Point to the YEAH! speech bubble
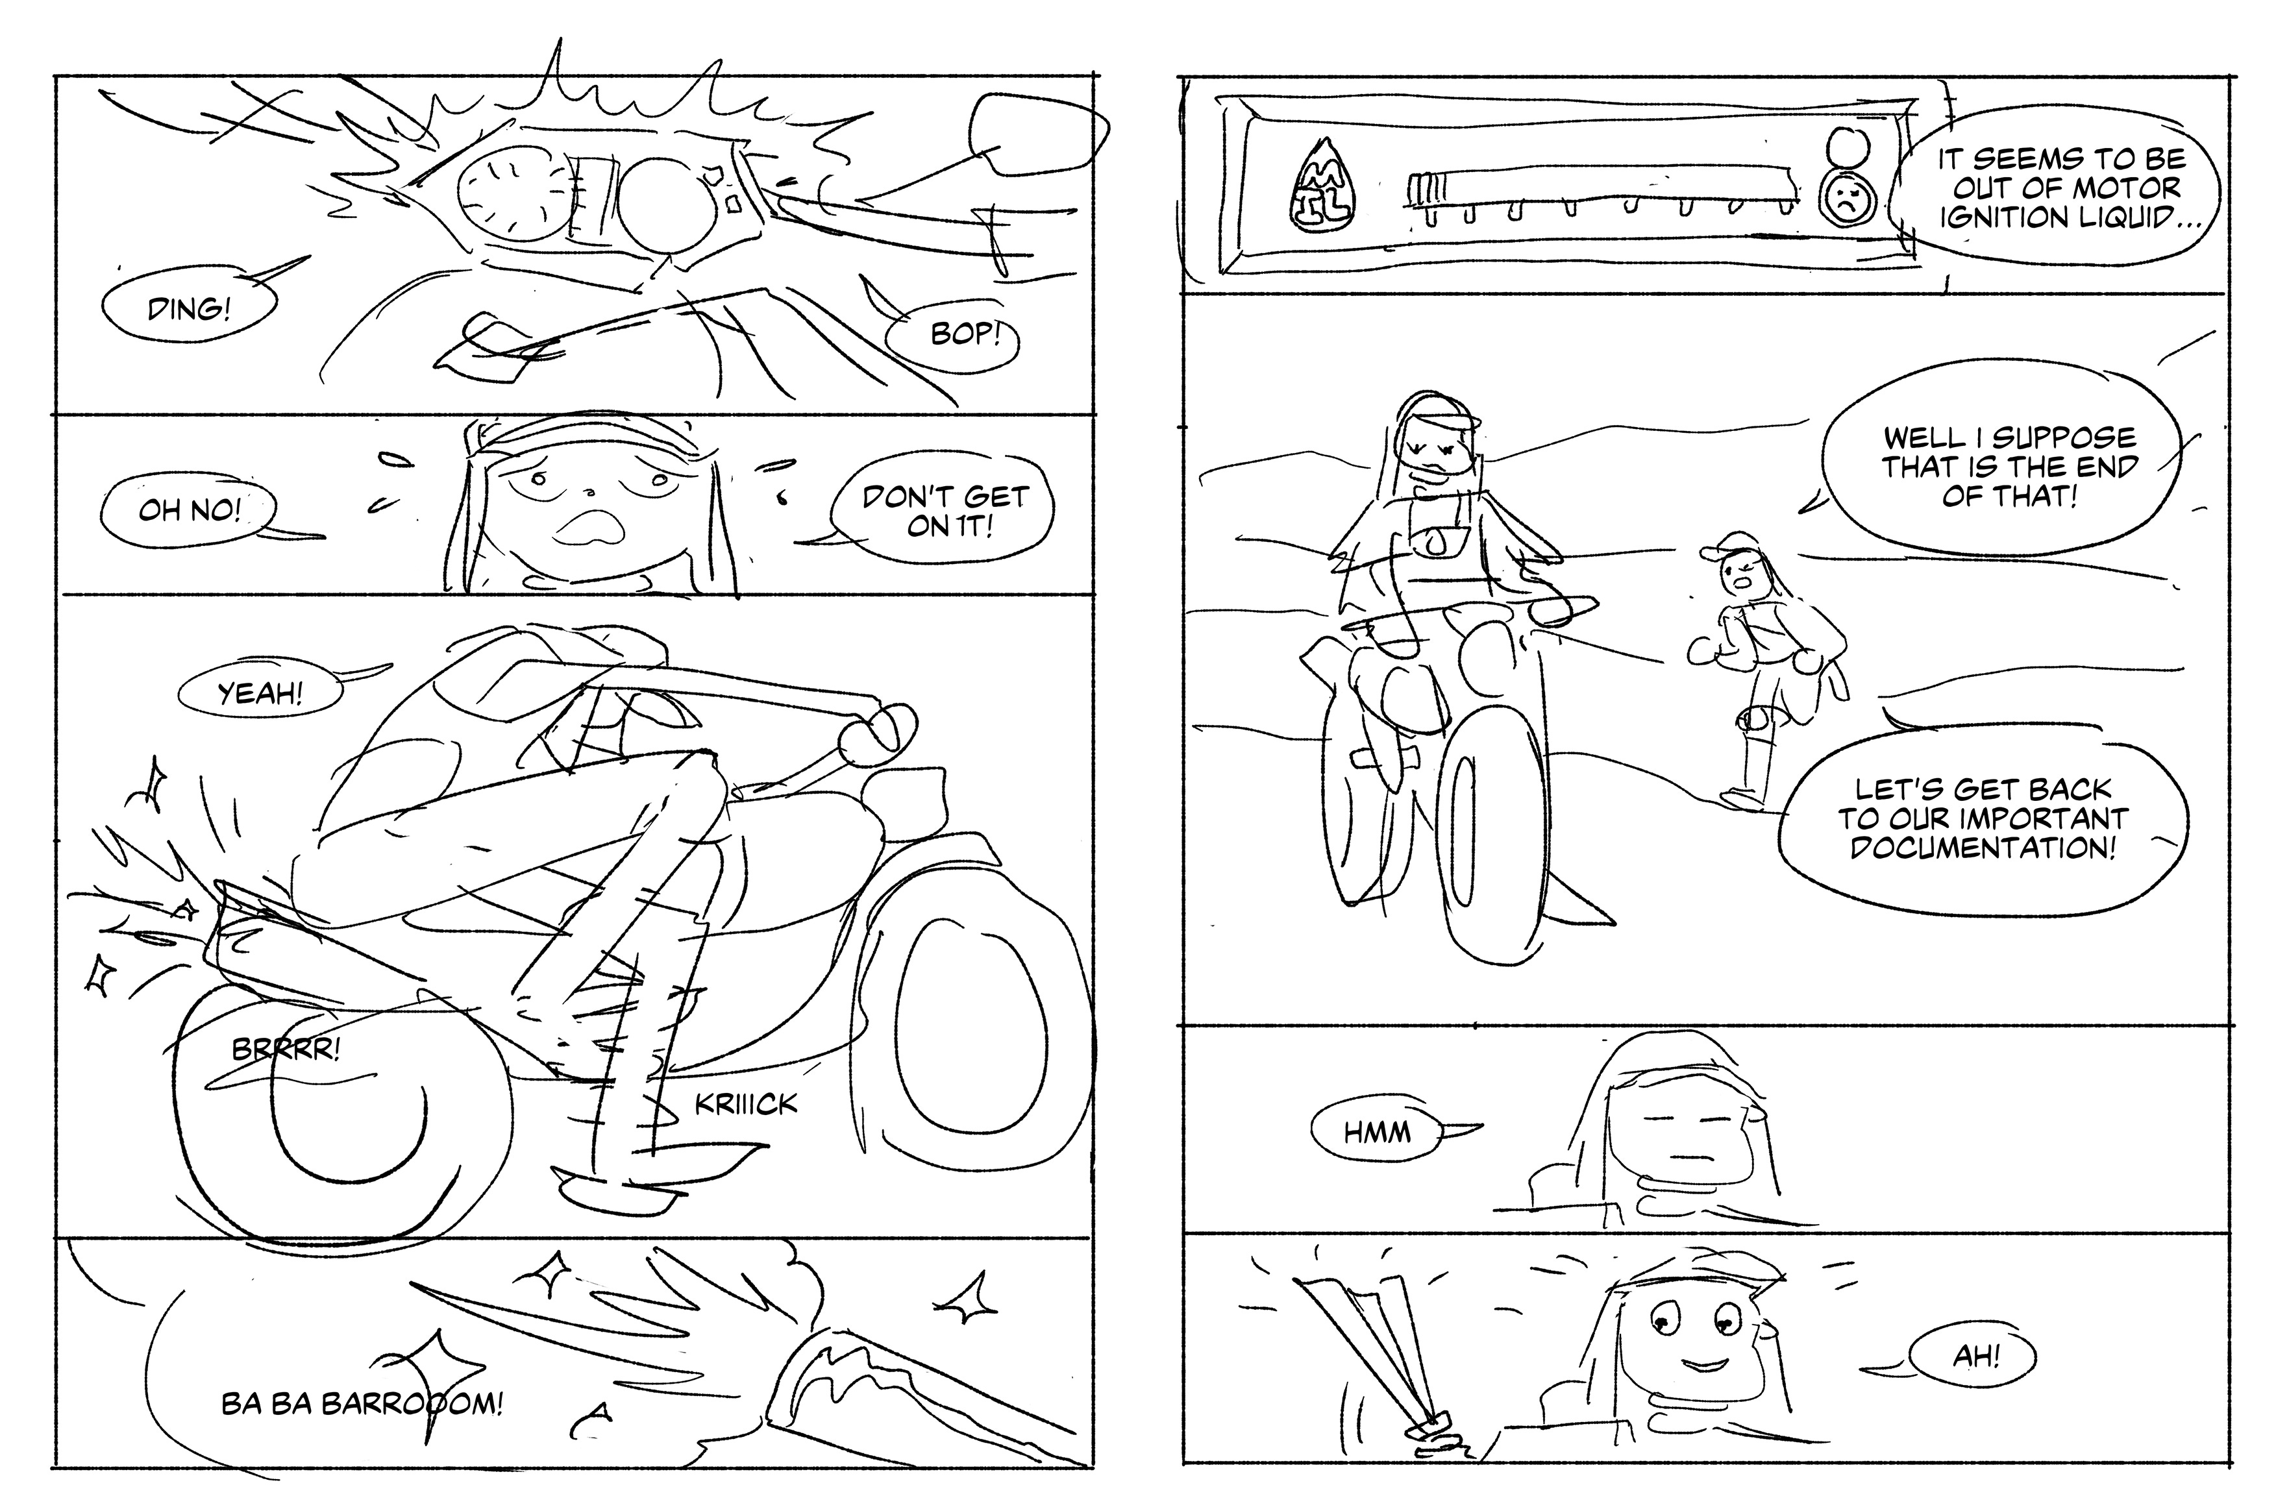pos(260,694)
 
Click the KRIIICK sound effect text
pos(746,1104)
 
